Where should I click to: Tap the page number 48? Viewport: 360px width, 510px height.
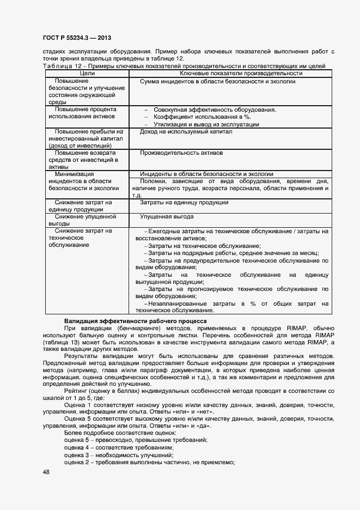point(46,472)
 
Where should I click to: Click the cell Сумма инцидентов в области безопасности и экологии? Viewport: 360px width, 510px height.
point(218,81)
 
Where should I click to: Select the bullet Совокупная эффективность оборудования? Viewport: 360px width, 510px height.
point(215,110)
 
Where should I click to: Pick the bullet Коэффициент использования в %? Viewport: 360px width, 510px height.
point(202,117)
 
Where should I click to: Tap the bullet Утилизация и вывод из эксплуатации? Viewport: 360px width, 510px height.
point(206,124)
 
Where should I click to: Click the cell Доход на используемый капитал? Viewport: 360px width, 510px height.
point(186,131)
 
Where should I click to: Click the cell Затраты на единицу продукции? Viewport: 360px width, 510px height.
point(184,202)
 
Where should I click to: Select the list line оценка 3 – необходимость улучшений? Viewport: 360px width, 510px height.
point(118,454)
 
